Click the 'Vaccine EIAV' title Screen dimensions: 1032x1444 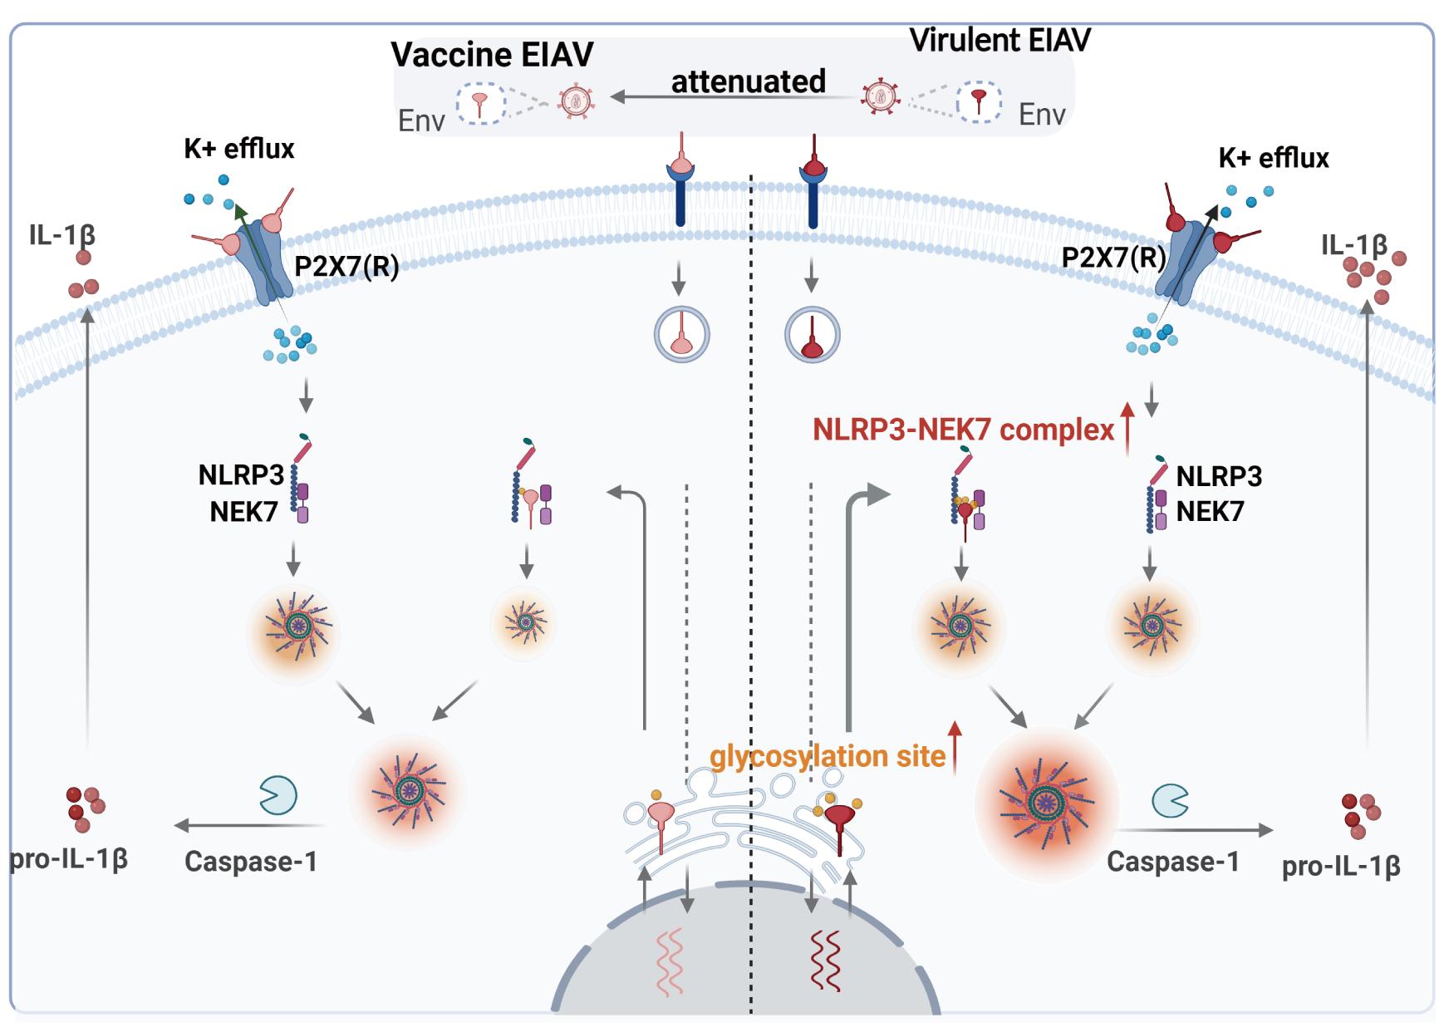pos(492,55)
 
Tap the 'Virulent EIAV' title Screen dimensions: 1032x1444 pos(1000,40)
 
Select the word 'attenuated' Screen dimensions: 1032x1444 pos(748,81)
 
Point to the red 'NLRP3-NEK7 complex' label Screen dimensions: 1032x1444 pos(963,430)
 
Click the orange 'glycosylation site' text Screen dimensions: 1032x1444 pos(827,756)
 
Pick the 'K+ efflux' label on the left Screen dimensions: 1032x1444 pos(239,149)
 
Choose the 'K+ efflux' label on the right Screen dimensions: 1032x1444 pos(1273,158)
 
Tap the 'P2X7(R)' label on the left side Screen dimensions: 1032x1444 pos(346,267)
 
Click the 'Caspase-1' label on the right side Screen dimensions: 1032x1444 pos(1172,862)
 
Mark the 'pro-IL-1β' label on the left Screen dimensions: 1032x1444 pos(68,858)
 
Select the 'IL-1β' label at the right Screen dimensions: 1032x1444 pos(1353,245)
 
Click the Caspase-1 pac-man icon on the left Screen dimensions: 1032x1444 pos(278,795)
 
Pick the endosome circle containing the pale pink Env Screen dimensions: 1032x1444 pos(681,335)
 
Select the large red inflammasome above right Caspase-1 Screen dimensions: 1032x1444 pos(1046,803)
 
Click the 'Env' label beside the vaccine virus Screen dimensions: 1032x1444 pos(421,121)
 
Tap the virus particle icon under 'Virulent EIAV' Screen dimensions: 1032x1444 pos(879,97)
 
